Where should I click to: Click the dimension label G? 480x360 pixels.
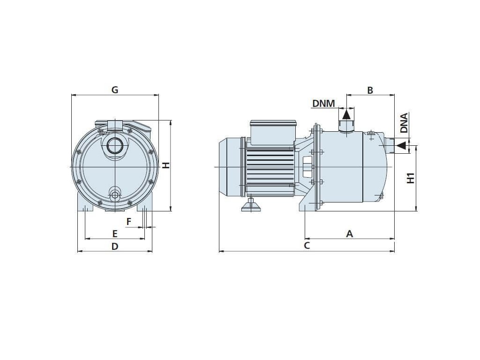[x=115, y=90]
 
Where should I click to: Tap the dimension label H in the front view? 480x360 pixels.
[x=165, y=165]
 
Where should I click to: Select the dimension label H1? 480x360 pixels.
[x=411, y=178]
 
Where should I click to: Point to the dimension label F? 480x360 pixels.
[x=129, y=221]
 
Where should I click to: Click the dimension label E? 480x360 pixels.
[x=115, y=233]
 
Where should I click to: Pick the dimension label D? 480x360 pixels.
[x=115, y=246]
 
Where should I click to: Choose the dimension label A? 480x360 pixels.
[x=349, y=233]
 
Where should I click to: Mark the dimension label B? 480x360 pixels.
[x=370, y=90]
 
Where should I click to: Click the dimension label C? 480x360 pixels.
[x=307, y=246]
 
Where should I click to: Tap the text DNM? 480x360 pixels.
[x=324, y=103]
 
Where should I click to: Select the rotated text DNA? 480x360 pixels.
[x=404, y=123]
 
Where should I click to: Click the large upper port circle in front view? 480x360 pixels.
[x=114, y=146]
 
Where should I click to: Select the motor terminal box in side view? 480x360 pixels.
[x=273, y=133]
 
